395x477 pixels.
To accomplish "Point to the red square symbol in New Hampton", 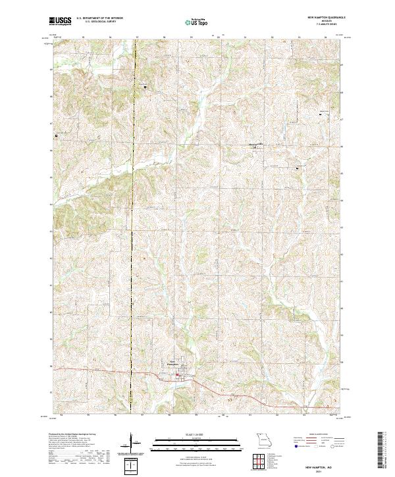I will coord(176,376).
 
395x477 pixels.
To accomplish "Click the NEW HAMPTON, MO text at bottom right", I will coord(320,463).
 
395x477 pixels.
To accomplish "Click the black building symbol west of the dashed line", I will coord(56,136).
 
